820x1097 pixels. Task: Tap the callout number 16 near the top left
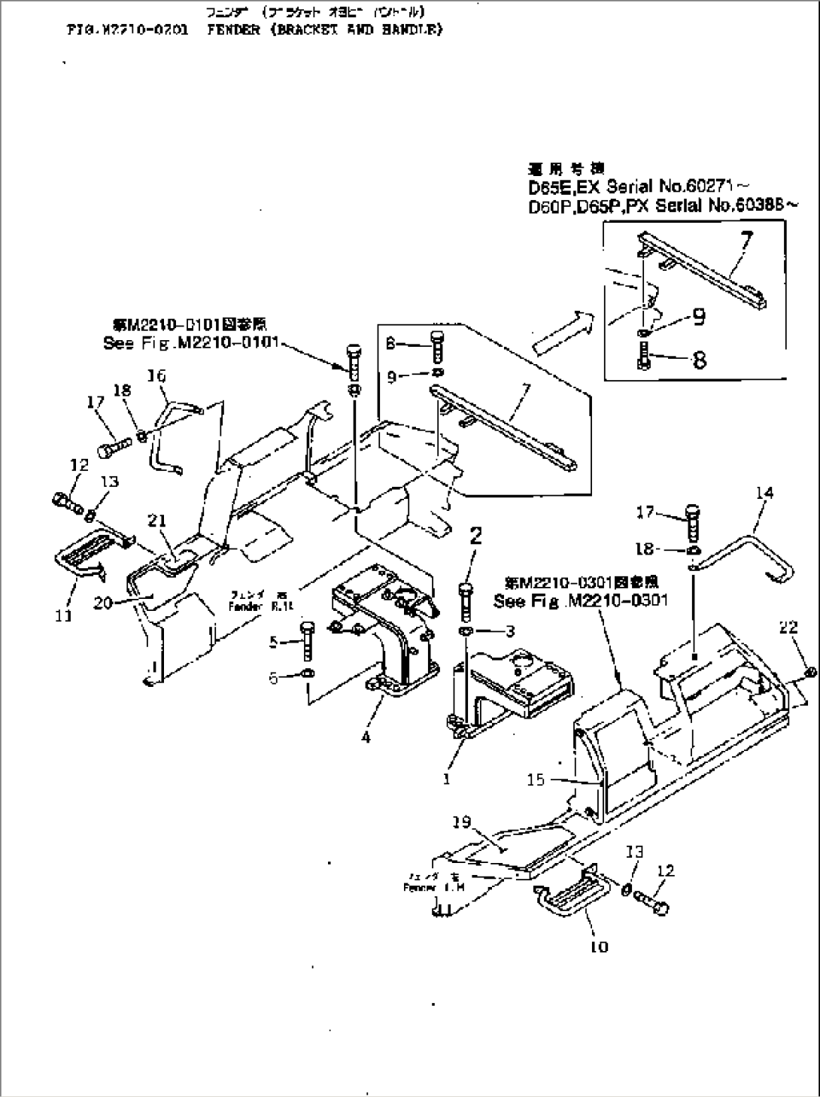[x=156, y=375]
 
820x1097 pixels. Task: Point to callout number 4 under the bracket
[x=366, y=737]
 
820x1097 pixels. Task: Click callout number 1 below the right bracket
[x=447, y=779]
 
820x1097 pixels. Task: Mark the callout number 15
[x=536, y=780]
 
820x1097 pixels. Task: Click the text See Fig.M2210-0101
[x=190, y=343]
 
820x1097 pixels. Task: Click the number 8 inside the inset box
[x=699, y=360]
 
